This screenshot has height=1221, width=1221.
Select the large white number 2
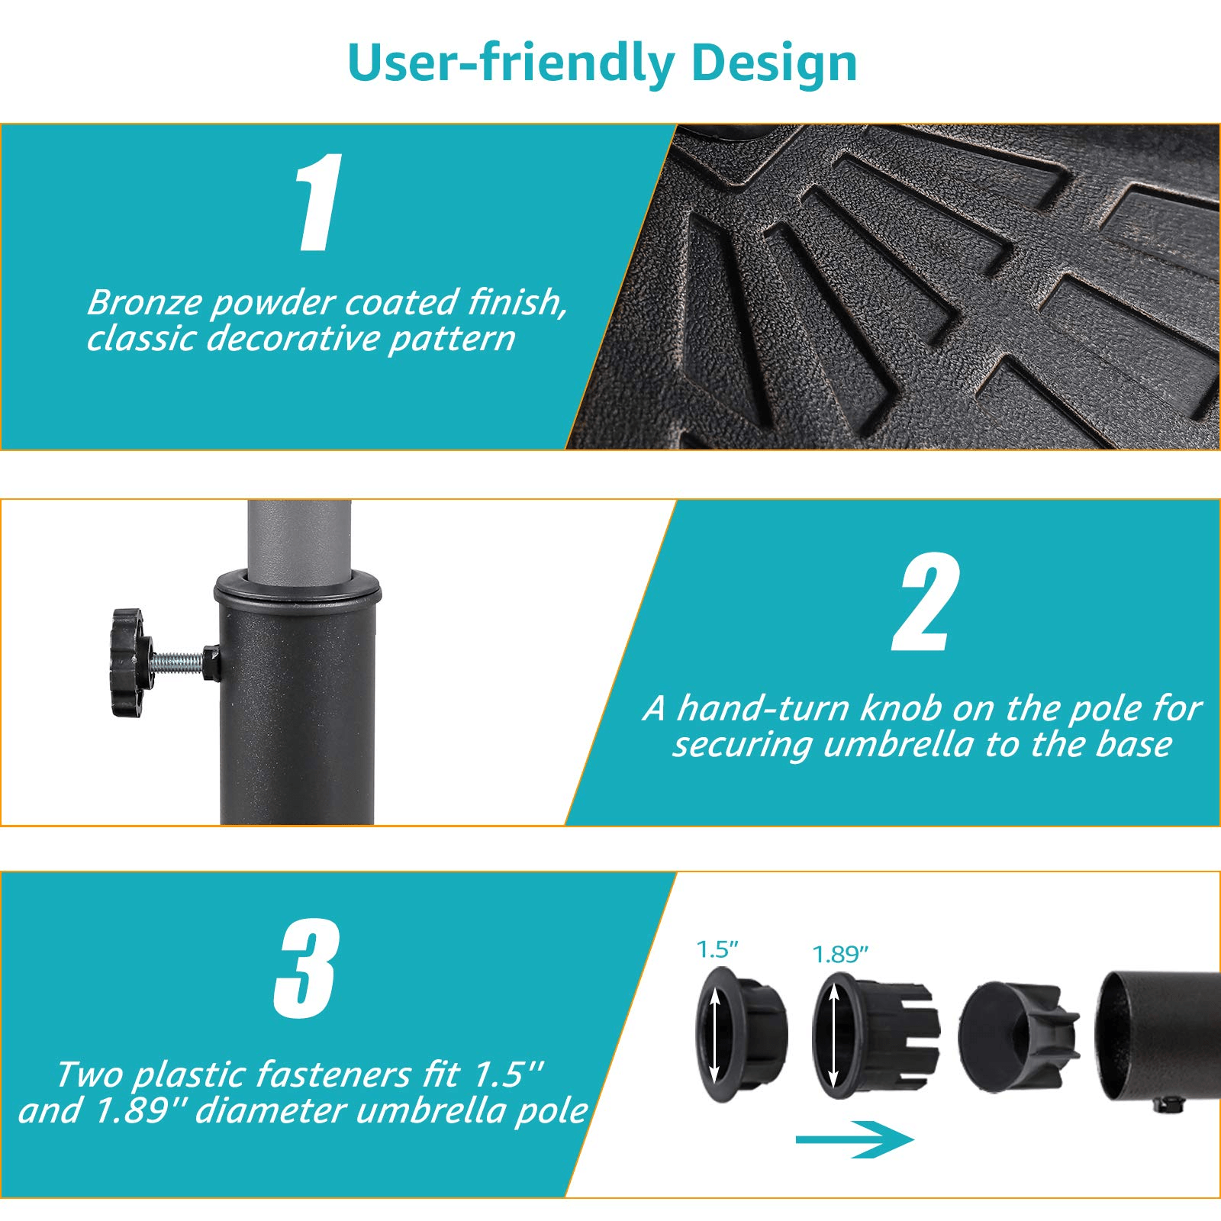926,602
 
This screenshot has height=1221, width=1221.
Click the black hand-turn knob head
127,662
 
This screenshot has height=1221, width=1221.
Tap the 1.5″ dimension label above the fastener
717,950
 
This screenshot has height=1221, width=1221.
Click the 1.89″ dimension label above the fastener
840,955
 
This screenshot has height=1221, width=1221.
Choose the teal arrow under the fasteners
854,1139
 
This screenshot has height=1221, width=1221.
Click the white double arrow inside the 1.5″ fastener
714,1034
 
